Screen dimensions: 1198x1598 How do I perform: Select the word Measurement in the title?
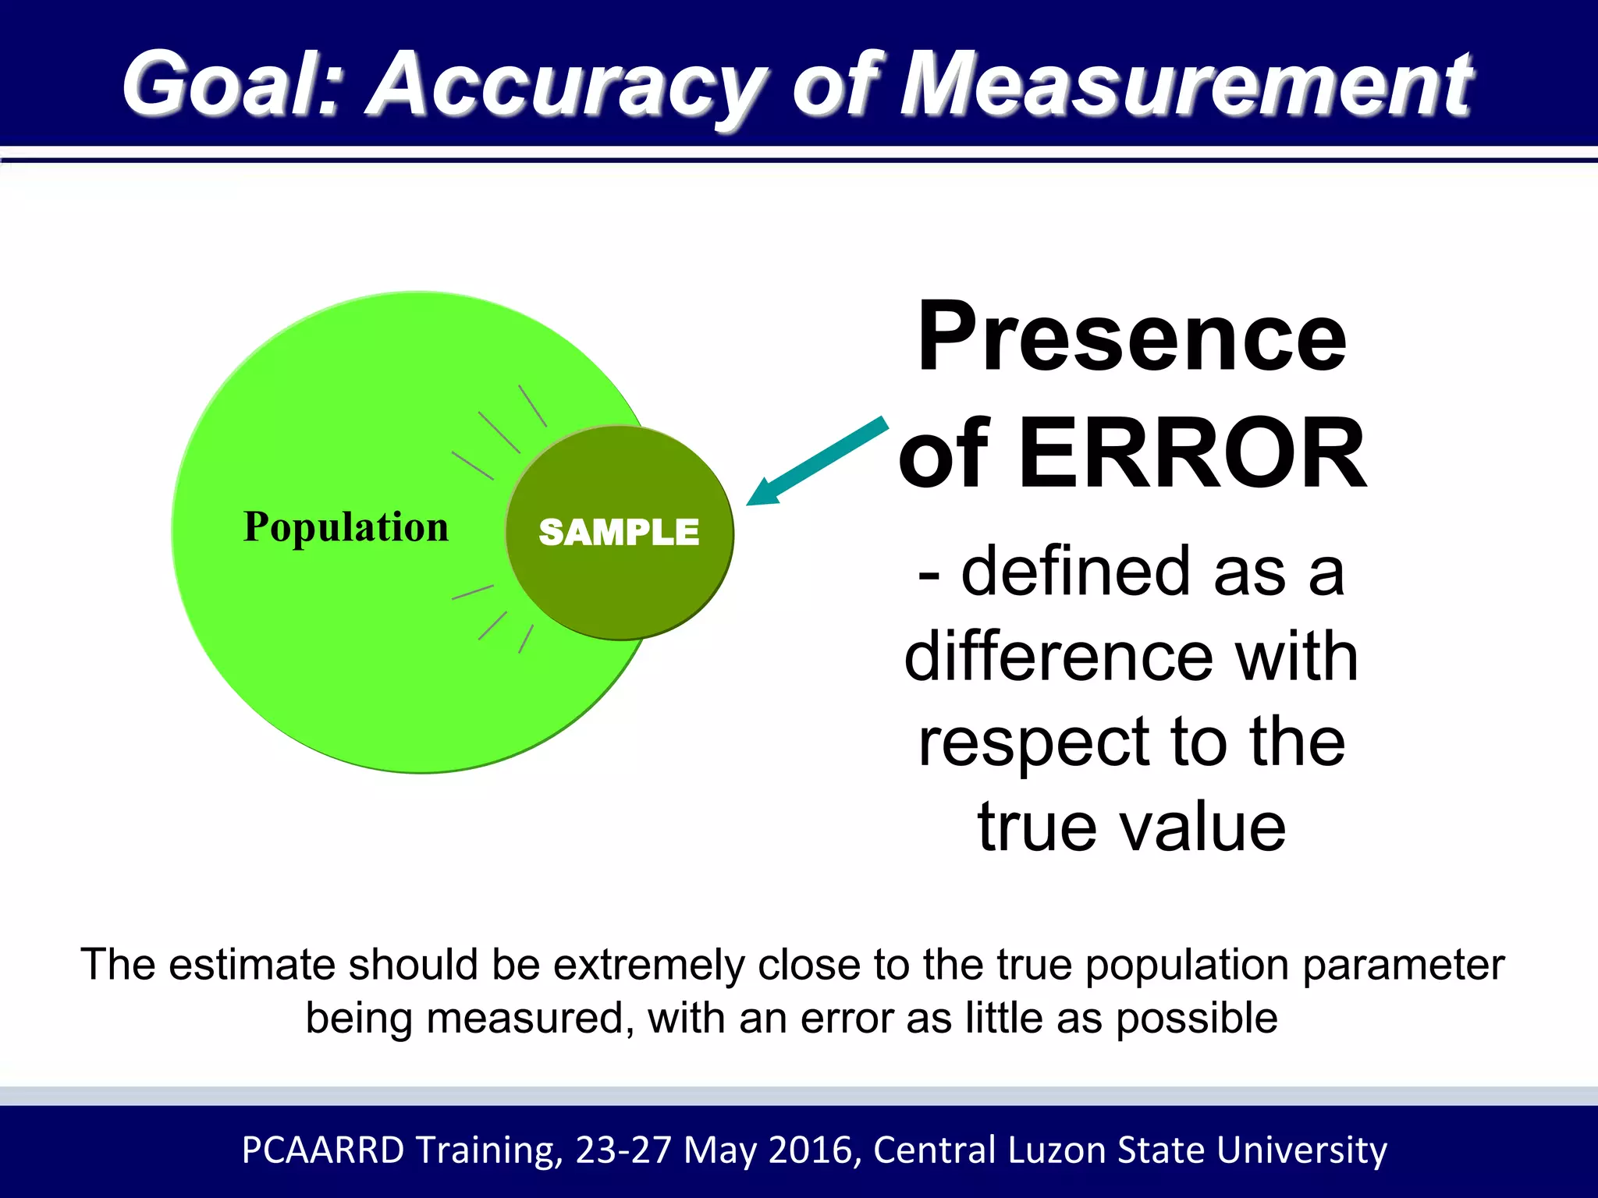[1185, 83]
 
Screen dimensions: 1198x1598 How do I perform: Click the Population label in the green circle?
[346, 527]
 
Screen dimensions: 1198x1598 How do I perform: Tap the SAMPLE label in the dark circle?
[619, 533]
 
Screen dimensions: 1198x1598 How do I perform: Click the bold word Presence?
[1131, 337]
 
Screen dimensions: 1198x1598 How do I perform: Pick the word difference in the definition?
[1058, 657]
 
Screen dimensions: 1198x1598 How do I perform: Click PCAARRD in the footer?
[323, 1150]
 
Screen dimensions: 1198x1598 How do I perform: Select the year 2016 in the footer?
[814, 1150]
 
